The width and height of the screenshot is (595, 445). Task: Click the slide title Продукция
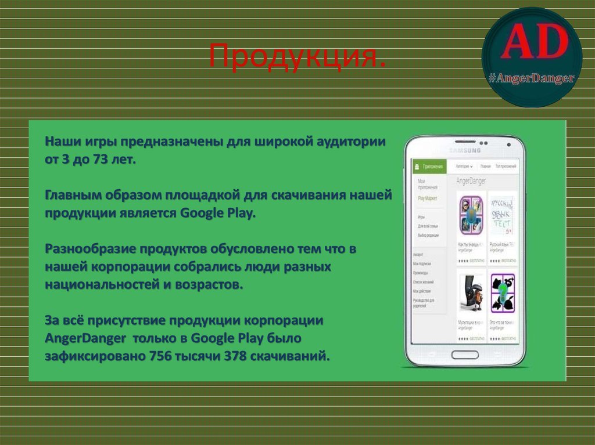point(297,57)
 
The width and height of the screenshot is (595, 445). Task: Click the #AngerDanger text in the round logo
point(531,78)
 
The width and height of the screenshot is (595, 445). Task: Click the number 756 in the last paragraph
point(160,356)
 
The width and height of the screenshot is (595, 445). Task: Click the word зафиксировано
point(95,356)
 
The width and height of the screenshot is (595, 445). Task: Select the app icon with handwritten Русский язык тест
point(503,214)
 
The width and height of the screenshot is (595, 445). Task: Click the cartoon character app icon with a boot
point(472,293)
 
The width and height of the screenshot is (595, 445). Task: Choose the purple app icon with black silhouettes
point(503,293)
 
